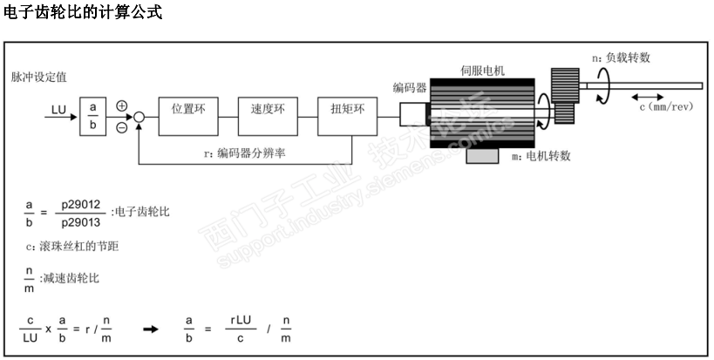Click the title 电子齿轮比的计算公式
pyautogui.click(x=82, y=13)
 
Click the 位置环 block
pyautogui.click(x=187, y=111)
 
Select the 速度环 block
pyautogui.click(x=267, y=111)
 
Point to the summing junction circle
pyautogui.click(x=139, y=113)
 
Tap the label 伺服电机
pyautogui.click(x=482, y=69)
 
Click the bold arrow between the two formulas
pyautogui.click(x=151, y=329)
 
